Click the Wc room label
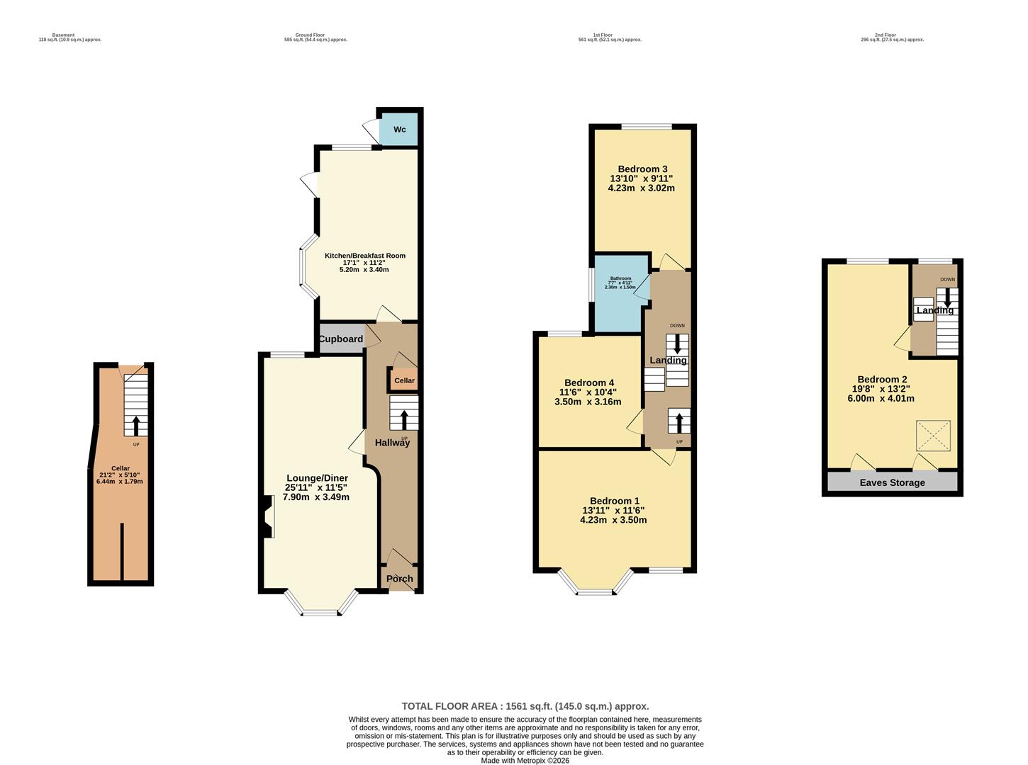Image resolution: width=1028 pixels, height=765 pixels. pos(400,130)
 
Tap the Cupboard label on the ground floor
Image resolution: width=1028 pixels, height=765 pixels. pos(340,339)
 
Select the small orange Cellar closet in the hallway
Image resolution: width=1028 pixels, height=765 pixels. pos(404,380)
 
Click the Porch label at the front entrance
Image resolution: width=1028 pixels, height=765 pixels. pos(400,579)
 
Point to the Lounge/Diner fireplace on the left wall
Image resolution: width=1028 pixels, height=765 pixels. pos(268,516)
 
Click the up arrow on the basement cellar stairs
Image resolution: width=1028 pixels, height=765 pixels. pos(136,425)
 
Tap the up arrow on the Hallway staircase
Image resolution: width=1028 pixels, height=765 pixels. pos(404,419)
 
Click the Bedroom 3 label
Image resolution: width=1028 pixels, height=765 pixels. pos(642,169)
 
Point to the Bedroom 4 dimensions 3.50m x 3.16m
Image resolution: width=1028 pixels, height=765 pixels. pos(588,402)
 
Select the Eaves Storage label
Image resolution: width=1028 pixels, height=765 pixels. pos(892,483)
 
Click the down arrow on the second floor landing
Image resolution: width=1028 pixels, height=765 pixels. pos(947,298)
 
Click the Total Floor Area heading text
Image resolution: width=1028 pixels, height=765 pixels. pos(525,706)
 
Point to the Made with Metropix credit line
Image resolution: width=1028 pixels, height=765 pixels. pos(525,761)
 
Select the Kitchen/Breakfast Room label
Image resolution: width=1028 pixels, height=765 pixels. pos(365,256)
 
